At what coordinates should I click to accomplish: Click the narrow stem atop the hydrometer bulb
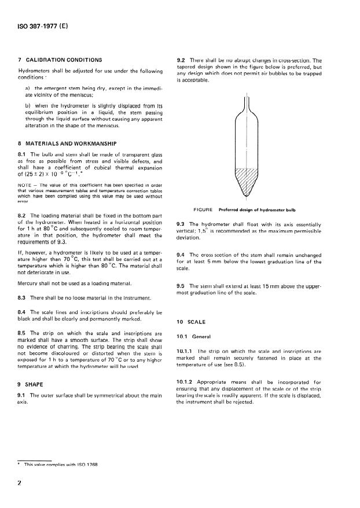click(245, 104)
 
